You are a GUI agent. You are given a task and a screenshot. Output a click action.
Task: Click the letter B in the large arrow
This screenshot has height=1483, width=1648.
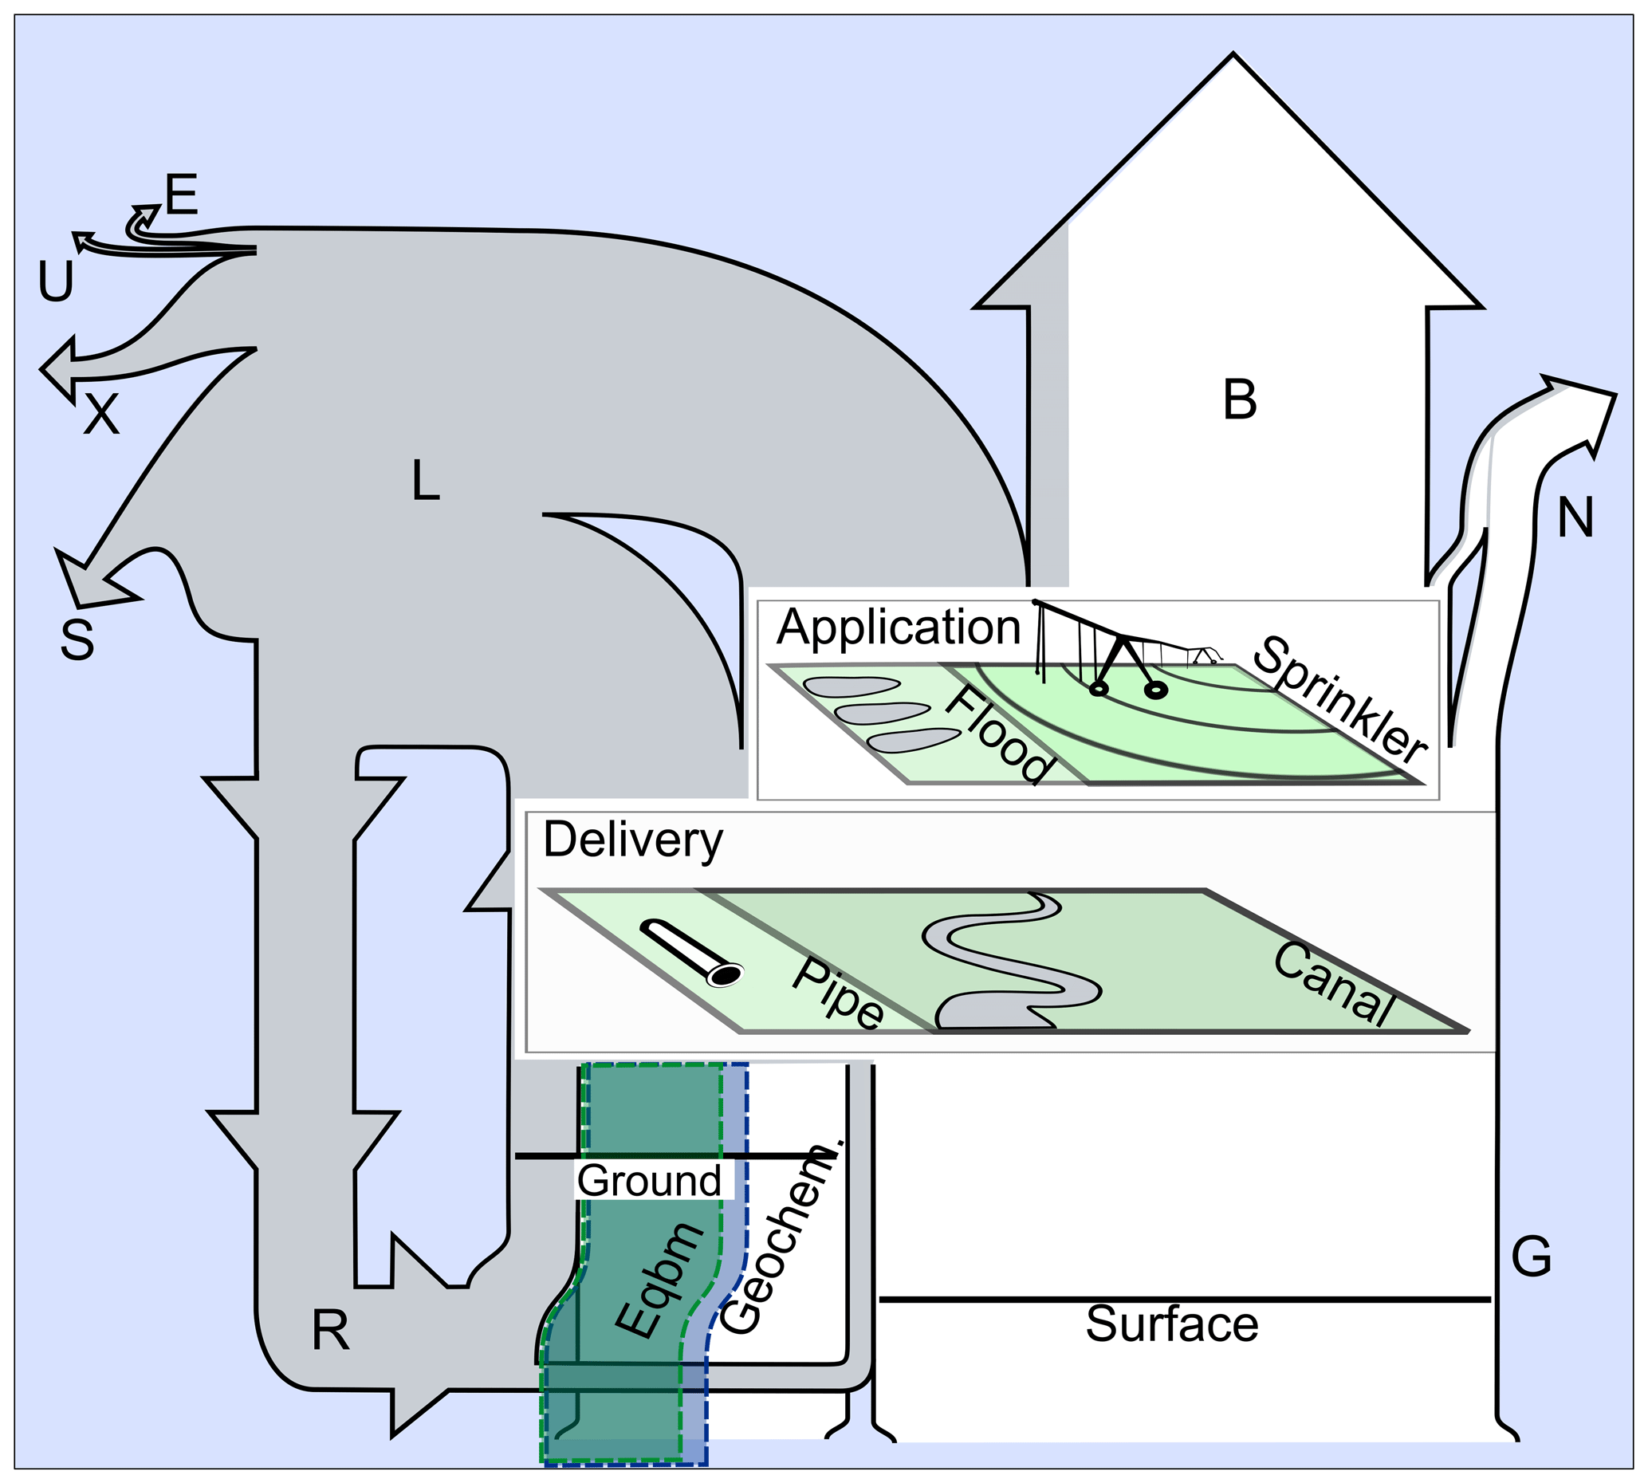(1239, 400)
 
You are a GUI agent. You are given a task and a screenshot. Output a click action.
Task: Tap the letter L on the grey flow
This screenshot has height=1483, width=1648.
(424, 480)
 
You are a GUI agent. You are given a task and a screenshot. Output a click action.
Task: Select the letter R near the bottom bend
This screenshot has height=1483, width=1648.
(331, 1331)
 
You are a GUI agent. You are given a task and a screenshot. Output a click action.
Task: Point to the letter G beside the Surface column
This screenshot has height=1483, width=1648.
(1532, 1257)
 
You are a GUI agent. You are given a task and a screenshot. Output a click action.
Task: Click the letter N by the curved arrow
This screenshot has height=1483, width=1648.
(1575, 517)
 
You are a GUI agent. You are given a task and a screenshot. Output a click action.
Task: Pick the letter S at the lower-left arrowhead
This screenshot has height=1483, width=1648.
(77, 639)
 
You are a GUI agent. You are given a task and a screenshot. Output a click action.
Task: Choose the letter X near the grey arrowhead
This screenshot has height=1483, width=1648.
(102, 414)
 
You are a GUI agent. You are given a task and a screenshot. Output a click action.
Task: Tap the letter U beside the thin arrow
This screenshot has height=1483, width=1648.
(57, 281)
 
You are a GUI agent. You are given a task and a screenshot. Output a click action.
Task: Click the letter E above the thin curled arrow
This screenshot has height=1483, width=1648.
(182, 195)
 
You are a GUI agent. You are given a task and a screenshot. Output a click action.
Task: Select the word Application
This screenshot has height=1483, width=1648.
(899, 628)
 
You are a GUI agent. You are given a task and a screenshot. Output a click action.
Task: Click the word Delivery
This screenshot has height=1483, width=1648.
(633, 841)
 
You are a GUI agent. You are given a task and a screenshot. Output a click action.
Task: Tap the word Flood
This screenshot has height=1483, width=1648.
(1001, 734)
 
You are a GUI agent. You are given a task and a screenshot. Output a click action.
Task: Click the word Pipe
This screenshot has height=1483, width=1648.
(837, 993)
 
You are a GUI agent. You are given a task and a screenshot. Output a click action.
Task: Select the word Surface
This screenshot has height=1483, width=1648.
(1171, 1324)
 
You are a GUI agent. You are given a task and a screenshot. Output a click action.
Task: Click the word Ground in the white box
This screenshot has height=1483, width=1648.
(649, 1180)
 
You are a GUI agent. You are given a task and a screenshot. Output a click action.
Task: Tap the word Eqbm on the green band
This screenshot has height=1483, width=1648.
(660, 1281)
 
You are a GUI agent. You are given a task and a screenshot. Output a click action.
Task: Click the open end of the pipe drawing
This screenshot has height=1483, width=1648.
(723, 974)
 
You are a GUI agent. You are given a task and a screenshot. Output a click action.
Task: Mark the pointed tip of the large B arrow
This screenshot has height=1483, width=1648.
(1233, 54)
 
